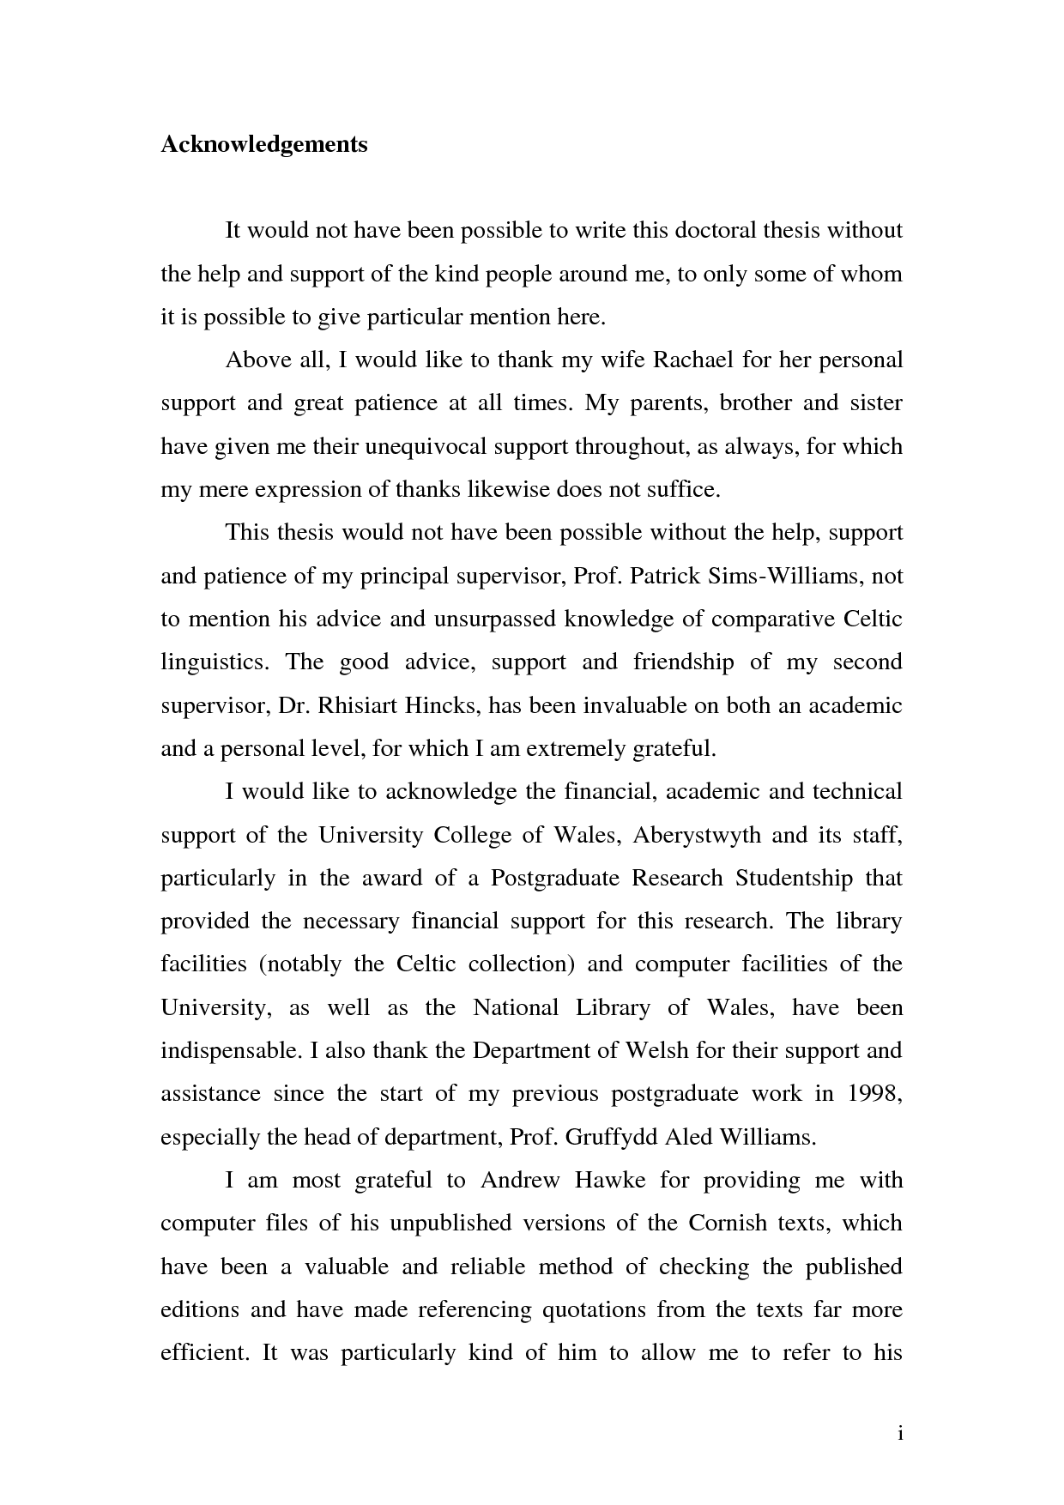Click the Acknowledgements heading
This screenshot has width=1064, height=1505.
tap(264, 144)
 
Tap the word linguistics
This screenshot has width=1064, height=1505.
tap(214, 662)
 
